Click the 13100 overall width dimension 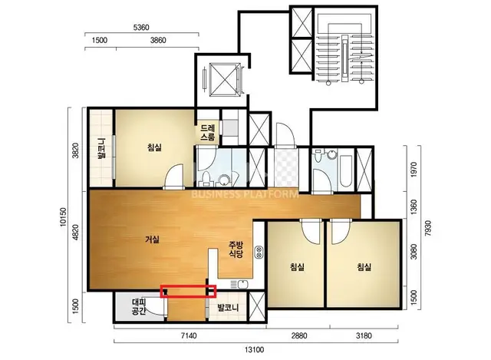(x=254, y=349)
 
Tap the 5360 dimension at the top (x=141, y=28)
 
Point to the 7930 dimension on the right (x=428, y=229)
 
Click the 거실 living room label (x=153, y=239)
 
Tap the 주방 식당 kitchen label (x=236, y=249)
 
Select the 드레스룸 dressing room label (x=208, y=133)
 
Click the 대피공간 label (x=138, y=307)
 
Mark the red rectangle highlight (x=188, y=291)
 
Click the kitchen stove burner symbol (x=259, y=253)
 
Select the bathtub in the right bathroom (x=347, y=170)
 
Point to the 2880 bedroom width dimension (x=299, y=336)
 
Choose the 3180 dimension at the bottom (x=364, y=336)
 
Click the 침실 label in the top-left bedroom (x=155, y=147)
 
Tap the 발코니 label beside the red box (x=229, y=308)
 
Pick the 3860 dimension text (x=158, y=41)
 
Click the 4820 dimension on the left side (x=75, y=232)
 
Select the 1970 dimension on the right (x=414, y=170)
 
